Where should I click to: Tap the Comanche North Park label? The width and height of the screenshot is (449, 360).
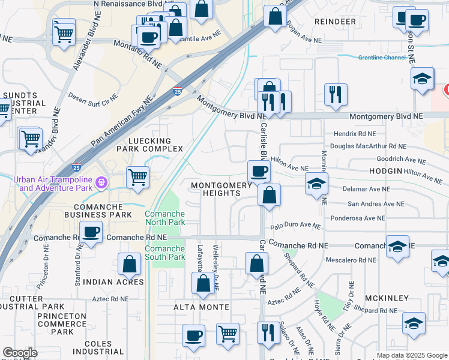164,219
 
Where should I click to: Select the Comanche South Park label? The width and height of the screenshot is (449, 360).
164,253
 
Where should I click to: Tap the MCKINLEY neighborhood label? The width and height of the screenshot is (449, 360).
385,298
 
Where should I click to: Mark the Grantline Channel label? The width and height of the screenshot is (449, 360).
382,58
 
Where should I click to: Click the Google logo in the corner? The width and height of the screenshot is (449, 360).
20,353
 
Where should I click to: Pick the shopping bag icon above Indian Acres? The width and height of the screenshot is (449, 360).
130,263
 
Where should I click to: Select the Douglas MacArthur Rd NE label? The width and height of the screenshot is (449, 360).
368,146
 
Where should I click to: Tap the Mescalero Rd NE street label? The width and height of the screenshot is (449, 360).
350,260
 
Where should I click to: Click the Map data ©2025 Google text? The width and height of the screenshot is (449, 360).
411,355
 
